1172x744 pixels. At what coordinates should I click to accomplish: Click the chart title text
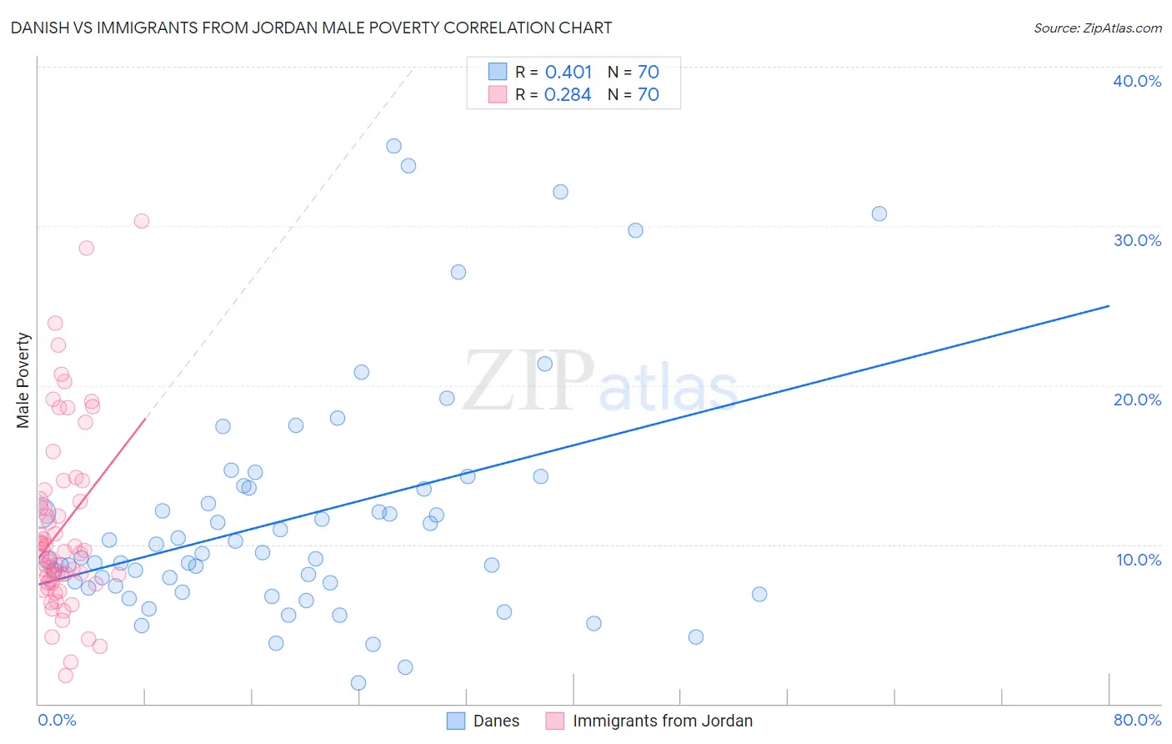pyautogui.click(x=311, y=28)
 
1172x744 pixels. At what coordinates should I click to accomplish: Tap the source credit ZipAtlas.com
pyautogui.click(x=1097, y=28)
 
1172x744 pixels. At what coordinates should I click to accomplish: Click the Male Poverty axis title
pyautogui.click(x=23, y=380)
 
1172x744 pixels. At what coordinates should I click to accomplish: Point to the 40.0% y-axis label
pyautogui.click(x=1136, y=81)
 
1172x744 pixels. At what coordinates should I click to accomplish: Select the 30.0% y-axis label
pyautogui.click(x=1136, y=240)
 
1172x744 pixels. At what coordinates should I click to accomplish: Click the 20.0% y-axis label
pyautogui.click(x=1136, y=400)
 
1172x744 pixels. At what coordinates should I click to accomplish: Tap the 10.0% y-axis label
pyautogui.click(x=1138, y=560)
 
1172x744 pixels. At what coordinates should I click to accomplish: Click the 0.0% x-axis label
pyautogui.click(x=57, y=720)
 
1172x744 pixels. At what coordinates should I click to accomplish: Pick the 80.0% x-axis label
pyautogui.click(x=1137, y=720)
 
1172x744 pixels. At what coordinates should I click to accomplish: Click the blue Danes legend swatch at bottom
pyautogui.click(x=456, y=721)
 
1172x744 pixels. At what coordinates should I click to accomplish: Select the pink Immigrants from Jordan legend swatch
pyautogui.click(x=555, y=721)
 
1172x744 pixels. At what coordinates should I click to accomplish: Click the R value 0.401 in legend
pyautogui.click(x=568, y=73)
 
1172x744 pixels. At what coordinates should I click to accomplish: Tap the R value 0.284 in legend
pyautogui.click(x=568, y=95)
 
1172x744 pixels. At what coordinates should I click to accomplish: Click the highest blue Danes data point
pyautogui.click(x=393, y=146)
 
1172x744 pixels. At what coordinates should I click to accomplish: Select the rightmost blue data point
pyautogui.click(x=879, y=214)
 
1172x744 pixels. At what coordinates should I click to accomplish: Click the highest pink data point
pyautogui.click(x=142, y=221)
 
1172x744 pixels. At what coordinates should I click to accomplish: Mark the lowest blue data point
pyautogui.click(x=358, y=683)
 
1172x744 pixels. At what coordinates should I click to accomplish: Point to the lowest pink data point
pyautogui.click(x=66, y=676)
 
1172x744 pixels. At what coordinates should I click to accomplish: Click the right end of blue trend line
pyautogui.click(x=1109, y=306)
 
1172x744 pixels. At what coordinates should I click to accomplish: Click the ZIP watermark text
pyautogui.click(x=528, y=381)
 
